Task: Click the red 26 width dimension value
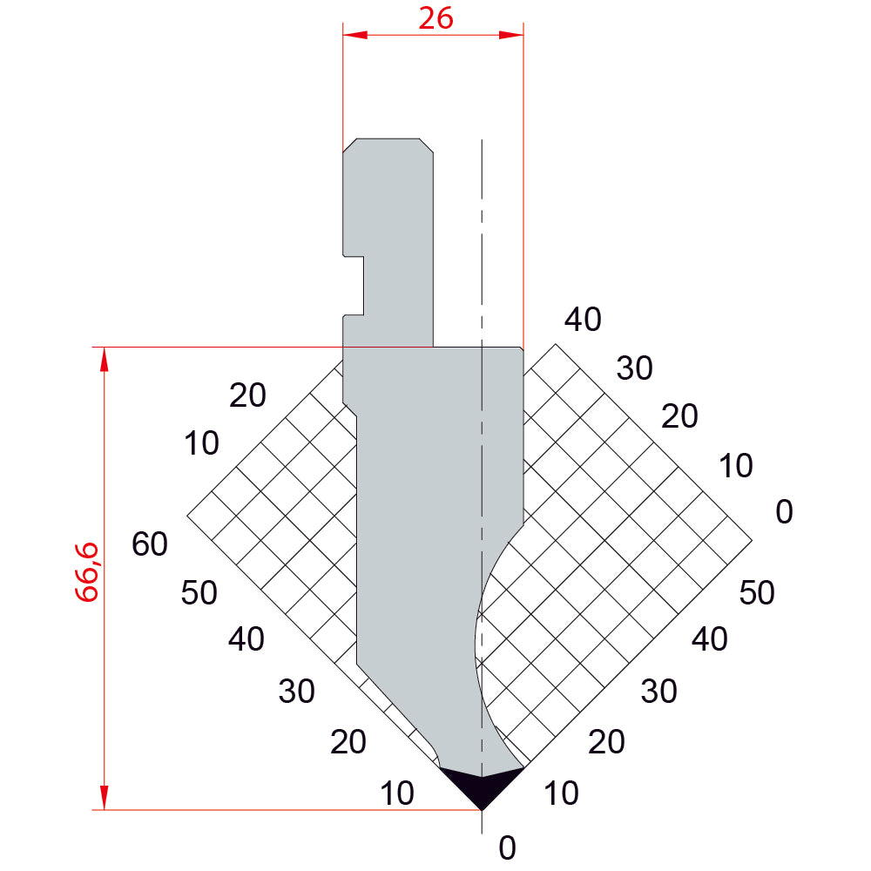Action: [x=435, y=19]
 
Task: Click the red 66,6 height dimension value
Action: [x=87, y=572]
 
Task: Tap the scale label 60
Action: [x=150, y=544]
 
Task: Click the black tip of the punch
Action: [x=482, y=789]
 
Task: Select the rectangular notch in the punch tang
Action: [x=354, y=286]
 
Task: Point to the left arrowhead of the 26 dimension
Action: [x=355, y=35]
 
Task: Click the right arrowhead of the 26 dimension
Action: [x=511, y=35]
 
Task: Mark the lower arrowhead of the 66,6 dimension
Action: [x=104, y=798]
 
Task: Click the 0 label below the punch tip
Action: [x=507, y=847]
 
